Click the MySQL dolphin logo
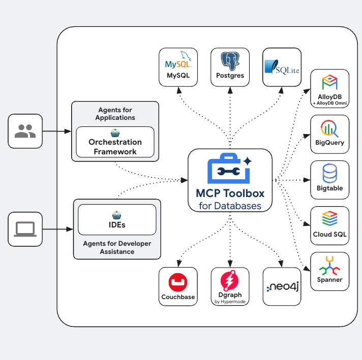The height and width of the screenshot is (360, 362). coord(178,62)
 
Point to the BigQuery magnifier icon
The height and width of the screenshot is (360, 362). coord(329,129)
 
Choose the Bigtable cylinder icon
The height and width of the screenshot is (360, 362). coord(329,174)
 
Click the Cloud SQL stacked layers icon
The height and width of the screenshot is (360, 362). coord(329,219)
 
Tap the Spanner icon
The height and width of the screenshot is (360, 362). coord(329,266)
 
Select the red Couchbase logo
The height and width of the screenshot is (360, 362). coord(178,281)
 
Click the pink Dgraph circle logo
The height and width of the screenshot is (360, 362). coord(230,280)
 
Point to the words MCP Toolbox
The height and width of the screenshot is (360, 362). coord(230,193)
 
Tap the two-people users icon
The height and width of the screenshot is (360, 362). coord(25,132)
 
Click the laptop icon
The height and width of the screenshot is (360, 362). coord(25,230)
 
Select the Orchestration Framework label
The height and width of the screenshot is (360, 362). coord(115,147)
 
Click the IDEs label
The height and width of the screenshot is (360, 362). coord(117,224)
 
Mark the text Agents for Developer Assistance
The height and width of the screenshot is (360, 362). coord(117,247)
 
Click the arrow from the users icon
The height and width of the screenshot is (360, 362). coord(56,132)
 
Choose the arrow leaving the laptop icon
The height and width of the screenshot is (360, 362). coord(57,230)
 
